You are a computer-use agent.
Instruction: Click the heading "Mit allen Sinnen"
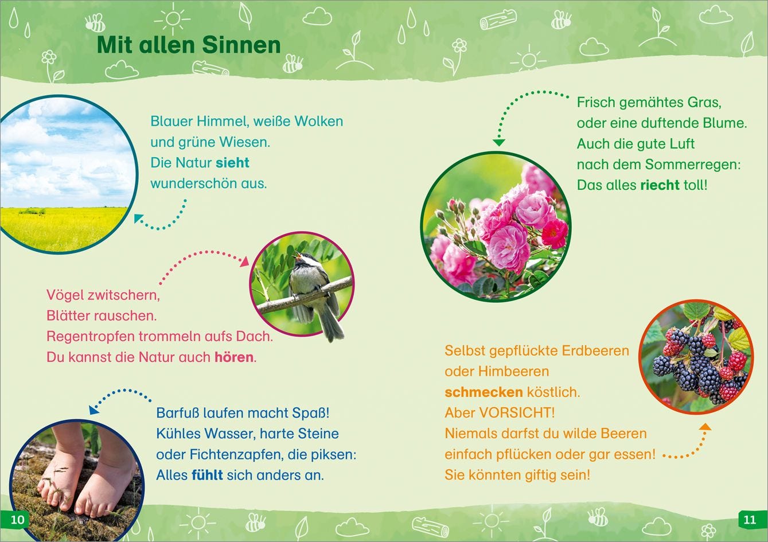189,45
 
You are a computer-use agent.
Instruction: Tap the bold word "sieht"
232,163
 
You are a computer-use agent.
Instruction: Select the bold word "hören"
234,357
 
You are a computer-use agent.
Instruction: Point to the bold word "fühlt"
207,475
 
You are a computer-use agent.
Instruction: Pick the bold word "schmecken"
484,392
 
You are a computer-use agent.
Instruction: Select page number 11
750,520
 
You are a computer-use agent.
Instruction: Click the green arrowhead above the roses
498,142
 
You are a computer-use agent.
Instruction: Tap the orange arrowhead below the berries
705,427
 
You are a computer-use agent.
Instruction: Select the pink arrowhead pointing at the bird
244,261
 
